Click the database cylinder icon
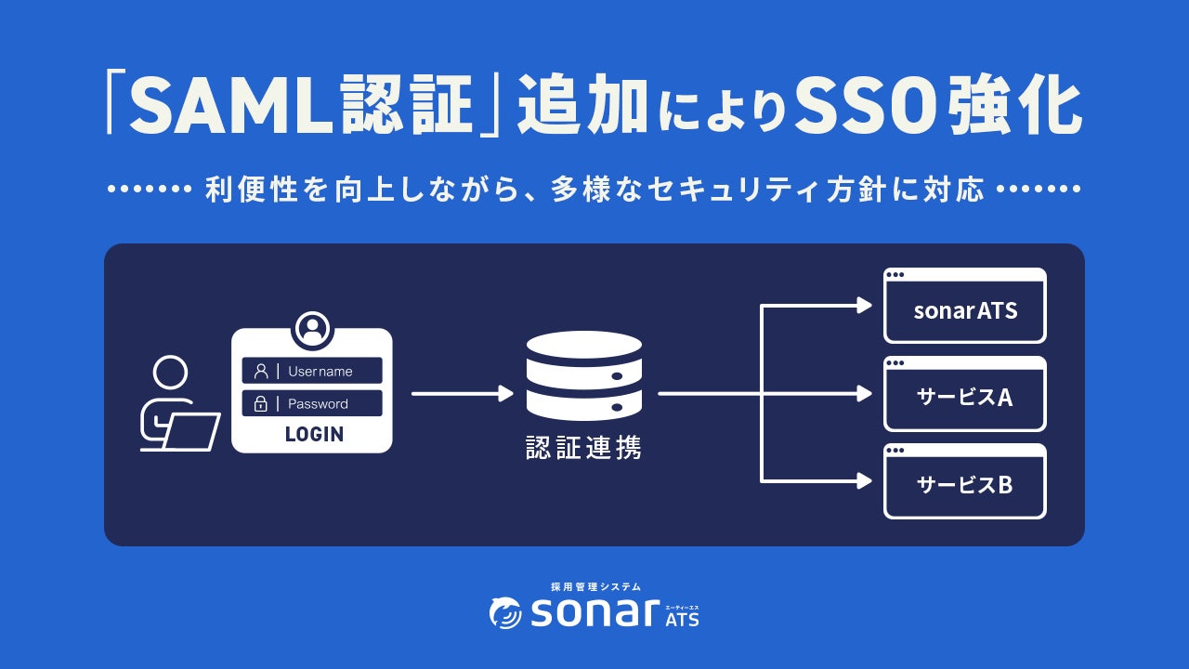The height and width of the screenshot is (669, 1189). click(x=583, y=375)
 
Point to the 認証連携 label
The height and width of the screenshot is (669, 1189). click(x=583, y=448)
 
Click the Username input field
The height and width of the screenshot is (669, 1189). click(x=312, y=371)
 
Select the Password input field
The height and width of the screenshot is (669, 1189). click(x=312, y=403)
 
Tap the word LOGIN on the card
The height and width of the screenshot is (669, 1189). click(x=314, y=434)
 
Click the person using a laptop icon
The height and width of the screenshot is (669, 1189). click(x=176, y=404)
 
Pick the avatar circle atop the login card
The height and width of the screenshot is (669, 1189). click(x=313, y=328)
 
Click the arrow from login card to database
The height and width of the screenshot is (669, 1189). click(x=462, y=394)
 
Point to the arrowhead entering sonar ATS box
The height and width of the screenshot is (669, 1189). click(x=865, y=306)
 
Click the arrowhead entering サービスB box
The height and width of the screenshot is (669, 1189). click(x=865, y=481)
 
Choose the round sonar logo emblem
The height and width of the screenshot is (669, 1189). click(x=506, y=612)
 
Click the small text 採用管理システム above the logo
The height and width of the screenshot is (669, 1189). click(x=594, y=587)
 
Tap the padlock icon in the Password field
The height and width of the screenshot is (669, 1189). click(x=261, y=403)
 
